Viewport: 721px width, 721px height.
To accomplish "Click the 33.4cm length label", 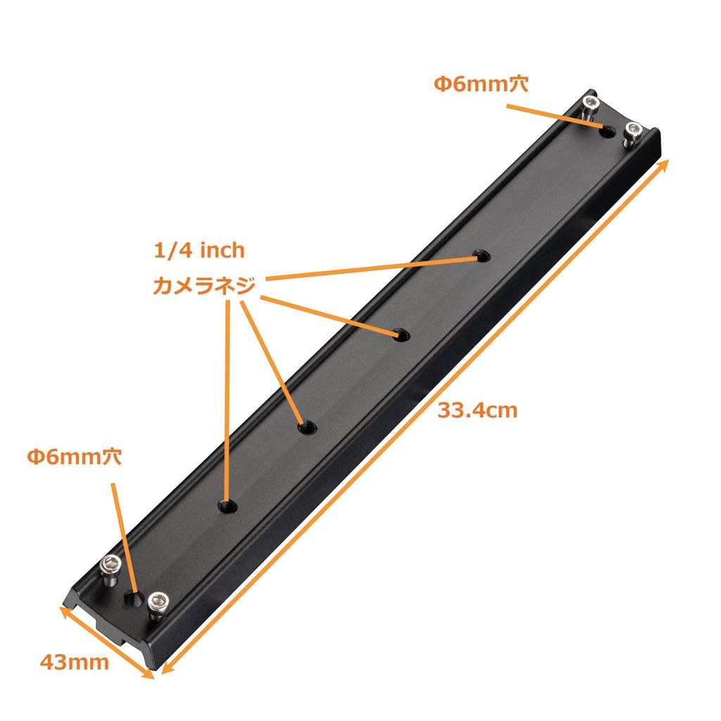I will [477, 410].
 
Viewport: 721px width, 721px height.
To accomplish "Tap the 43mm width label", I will [74, 662].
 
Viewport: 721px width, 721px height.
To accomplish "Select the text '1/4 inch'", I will [199, 250].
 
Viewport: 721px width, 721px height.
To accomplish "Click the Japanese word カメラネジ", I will [203, 286].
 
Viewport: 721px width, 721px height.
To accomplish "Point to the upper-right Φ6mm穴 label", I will [480, 84].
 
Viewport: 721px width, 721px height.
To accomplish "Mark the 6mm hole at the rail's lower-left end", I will [133, 598].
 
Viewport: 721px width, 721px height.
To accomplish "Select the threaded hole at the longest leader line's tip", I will [482, 256].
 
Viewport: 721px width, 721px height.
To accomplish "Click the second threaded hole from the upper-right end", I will [402, 335].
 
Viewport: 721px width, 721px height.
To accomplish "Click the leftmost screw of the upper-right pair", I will [590, 107].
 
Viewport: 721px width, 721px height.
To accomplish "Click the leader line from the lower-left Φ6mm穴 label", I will [123, 535].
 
